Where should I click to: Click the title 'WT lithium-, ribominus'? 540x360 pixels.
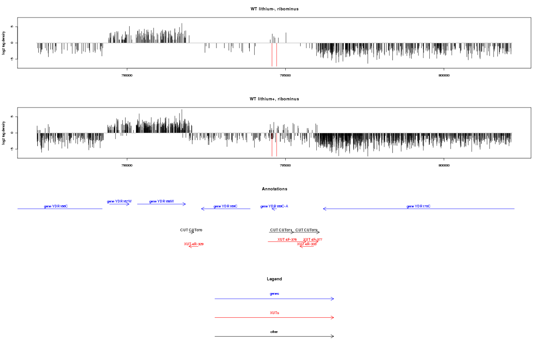tap(274, 9)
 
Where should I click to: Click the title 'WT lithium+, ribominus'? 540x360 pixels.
tap(274, 99)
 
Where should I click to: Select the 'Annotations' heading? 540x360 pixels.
tap(274, 189)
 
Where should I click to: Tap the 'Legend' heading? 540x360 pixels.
tap(274, 279)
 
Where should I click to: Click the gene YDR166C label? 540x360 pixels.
tap(56, 206)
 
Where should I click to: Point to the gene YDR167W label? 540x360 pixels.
tap(119, 201)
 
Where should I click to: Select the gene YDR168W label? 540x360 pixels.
tap(162, 201)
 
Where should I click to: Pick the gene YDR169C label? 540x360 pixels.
tap(225, 206)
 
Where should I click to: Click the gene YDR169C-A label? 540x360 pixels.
tap(274, 206)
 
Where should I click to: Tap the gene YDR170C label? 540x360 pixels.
tap(418, 206)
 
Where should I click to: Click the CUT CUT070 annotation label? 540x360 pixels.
tap(191, 230)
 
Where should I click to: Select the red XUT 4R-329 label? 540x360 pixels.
tap(194, 244)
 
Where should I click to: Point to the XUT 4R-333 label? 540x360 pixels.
tap(307, 244)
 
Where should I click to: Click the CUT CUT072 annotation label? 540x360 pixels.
tap(306, 230)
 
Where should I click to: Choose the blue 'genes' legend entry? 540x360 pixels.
tap(274, 293)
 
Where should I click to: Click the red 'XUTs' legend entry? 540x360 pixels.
tap(274, 312)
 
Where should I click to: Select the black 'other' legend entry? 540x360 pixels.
tap(274, 332)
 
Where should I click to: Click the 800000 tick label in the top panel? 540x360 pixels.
tap(444, 76)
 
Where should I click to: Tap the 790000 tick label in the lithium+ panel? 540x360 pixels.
tap(127, 166)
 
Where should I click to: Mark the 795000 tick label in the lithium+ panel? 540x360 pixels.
tap(285, 166)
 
